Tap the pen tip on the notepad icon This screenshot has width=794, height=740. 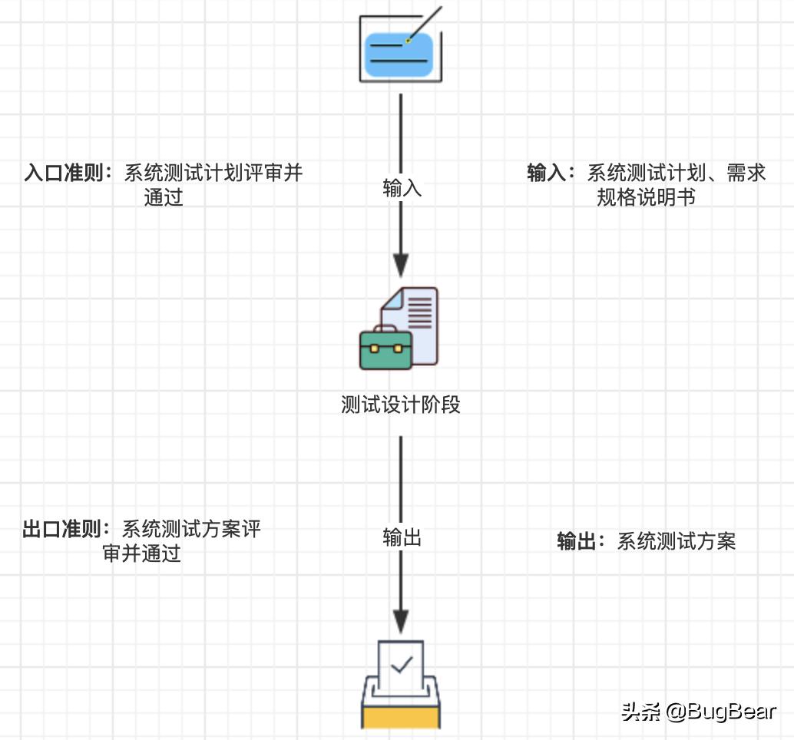tap(409, 39)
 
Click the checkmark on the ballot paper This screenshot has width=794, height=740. tap(401, 663)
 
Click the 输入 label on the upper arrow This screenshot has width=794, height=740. tap(402, 189)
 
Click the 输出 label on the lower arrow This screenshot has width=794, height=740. tap(402, 538)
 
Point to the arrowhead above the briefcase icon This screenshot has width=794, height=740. tap(401, 264)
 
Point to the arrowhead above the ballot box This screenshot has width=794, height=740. tap(401, 620)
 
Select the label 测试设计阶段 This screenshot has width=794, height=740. tap(401, 405)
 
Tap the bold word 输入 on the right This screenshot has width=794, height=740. tap(546, 173)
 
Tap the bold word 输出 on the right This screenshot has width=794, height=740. tap(576, 541)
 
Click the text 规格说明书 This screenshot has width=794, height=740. tap(646, 197)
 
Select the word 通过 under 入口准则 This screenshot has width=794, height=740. tap(164, 197)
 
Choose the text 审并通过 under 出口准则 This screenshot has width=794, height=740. tap(142, 553)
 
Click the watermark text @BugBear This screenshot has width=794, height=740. tap(720, 712)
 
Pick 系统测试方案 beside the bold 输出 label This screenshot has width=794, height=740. tap(677, 541)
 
